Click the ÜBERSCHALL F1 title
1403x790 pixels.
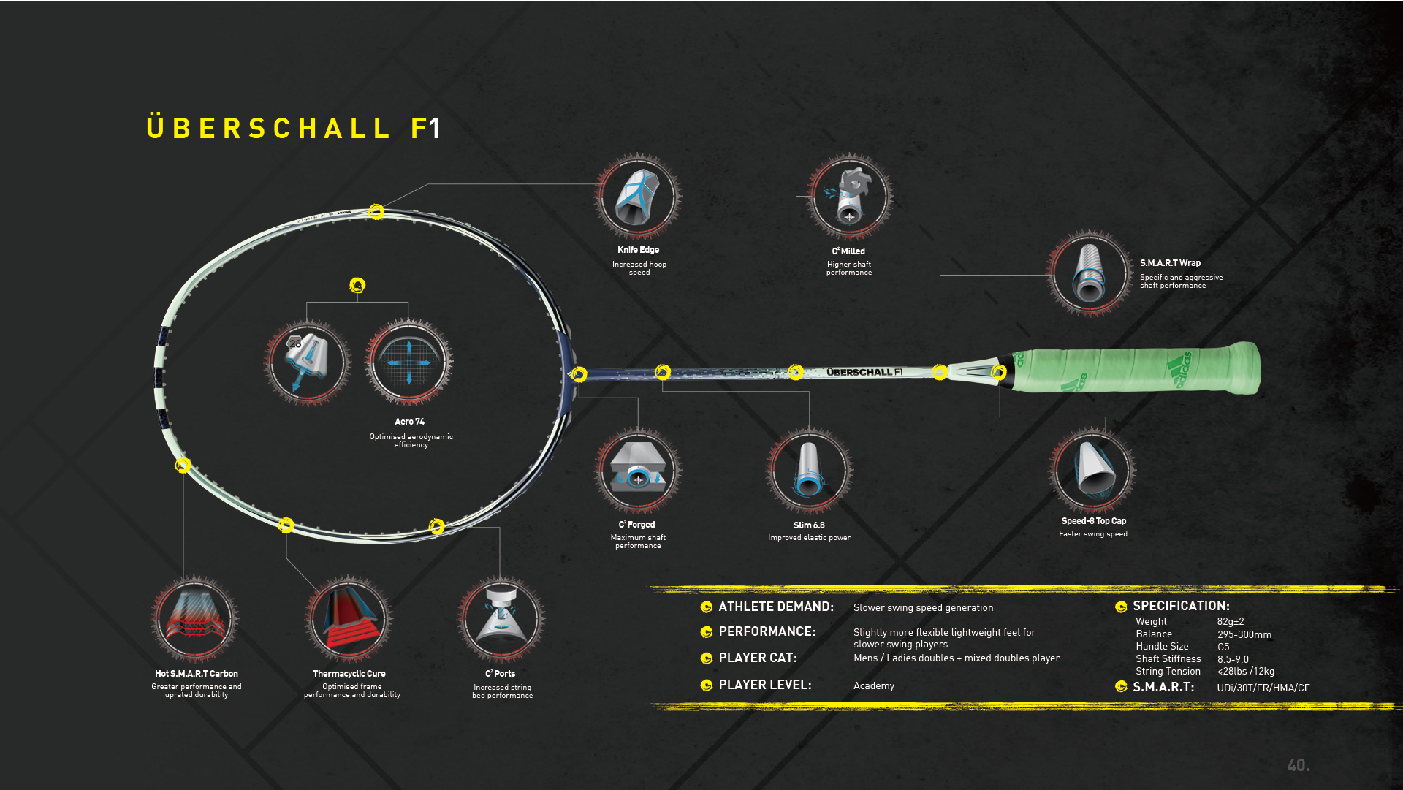pos(294,129)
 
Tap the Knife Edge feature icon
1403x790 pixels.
pos(638,197)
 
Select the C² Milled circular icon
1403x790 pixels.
pos(849,197)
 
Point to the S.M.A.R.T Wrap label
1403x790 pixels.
pos(1170,263)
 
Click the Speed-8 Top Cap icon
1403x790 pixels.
pos(1092,471)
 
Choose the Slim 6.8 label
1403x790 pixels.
pos(809,525)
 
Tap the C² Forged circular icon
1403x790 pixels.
pos(638,471)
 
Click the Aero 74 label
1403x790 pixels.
pos(409,422)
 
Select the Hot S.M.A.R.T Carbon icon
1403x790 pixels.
pos(195,620)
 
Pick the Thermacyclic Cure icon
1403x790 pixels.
pos(349,620)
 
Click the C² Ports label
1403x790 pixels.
pos(501,674)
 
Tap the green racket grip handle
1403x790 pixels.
pos(1137,368)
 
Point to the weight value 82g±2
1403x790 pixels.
pos(1231,622)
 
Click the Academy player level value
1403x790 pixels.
pos(874,686)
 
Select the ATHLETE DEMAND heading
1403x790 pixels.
pos(776,607)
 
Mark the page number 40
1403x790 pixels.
pos(1298,765)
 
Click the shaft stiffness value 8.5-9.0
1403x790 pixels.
pos(1233,659)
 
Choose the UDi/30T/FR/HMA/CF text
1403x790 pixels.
pos(1263,688)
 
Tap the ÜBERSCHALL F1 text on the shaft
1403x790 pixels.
pos(864,373)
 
